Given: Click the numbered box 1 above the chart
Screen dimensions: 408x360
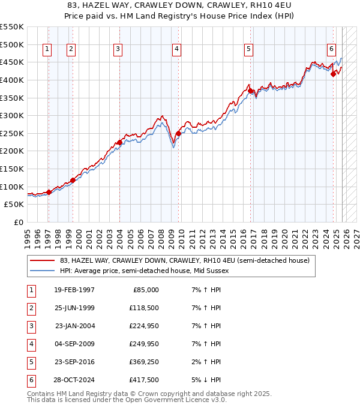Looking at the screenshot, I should click(x=47, y=50).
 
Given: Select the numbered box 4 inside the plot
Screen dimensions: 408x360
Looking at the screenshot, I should click(x=177, y=50).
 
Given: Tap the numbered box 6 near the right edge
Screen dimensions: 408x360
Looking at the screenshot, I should click(x=331, y=50).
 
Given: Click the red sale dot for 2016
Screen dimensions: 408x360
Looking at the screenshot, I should click(x=251, y=91).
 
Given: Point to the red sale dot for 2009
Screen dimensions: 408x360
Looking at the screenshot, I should click(x=178, y=133).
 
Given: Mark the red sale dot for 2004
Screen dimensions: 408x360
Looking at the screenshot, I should click(x=119, y=142).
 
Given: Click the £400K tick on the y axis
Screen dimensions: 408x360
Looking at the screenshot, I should click(x=12, y=80).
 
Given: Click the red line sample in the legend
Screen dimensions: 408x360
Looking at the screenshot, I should click(x=43, y=260).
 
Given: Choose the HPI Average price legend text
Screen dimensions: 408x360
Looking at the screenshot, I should click(x=145, y=271).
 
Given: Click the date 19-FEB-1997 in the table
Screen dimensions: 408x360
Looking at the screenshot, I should click(x=74, y=290).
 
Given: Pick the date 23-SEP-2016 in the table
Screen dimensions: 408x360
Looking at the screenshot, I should click(x=74, y=362).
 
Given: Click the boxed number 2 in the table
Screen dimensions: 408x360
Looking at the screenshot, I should click(x=30, y=308).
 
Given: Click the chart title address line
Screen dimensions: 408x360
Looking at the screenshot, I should click(x=180, y=5).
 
